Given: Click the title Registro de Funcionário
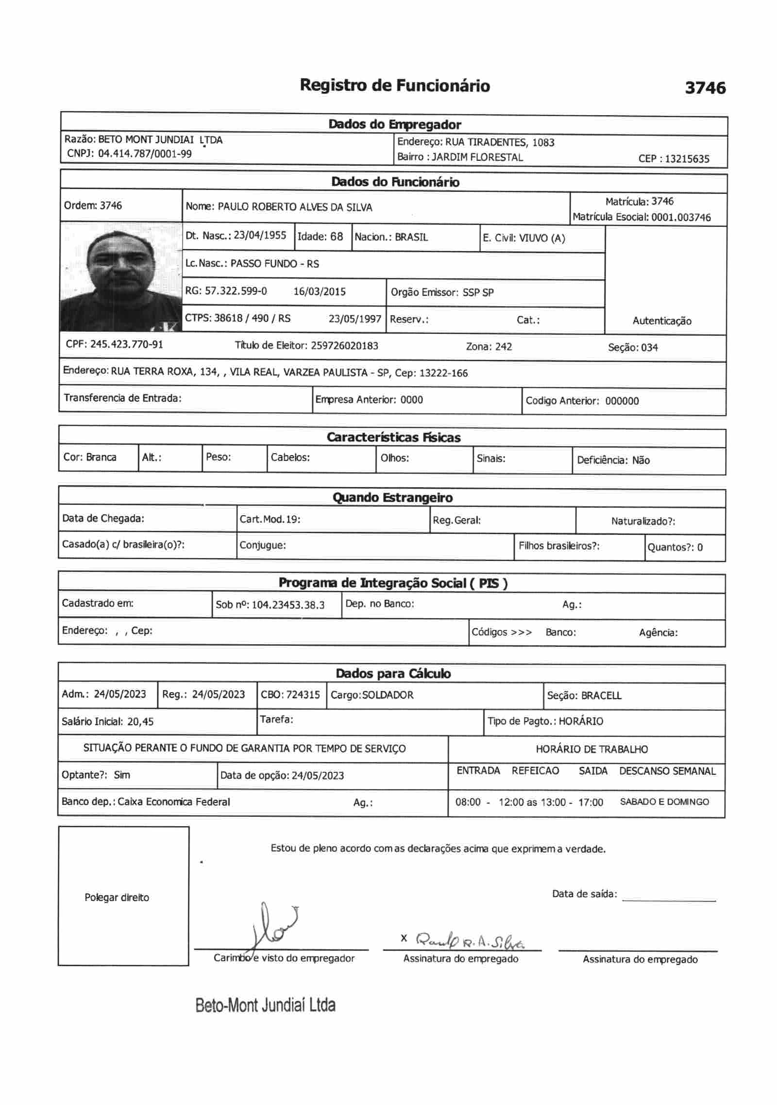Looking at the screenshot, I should pyautogui.click(x=394, y=85).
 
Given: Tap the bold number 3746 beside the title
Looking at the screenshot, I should pyautogui.click(x=705, y=88).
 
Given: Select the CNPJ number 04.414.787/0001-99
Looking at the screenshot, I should pyautogui.click(x=145, y=154).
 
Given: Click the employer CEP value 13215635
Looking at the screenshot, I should pyautogui.click(x=687, y=159).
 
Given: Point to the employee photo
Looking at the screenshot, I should pyautogui.click(x=120, y=277).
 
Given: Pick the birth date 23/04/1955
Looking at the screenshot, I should pyautogui.click(x=260, y=236).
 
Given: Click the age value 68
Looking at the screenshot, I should pyautogui.click(x=337, y=237).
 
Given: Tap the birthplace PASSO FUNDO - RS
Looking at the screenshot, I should pyautogui.click(x=274, y=264).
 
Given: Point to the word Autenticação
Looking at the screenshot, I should pyautogui.click(x=661, y=321).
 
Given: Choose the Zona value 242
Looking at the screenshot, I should pyautogui.click(x=504, y=347).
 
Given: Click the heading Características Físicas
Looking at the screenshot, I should pyautogui.click(x=393, y=438).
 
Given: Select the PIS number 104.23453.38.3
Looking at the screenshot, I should pyautogui.click(x=288, y=605).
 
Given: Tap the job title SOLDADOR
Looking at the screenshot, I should pyautogui.click(x=388, y=695).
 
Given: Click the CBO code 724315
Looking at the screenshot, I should pyautogui.click(x=303, y=695).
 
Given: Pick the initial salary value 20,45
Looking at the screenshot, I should pyautogui.click(x=140, y=722).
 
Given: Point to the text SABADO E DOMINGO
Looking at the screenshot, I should pyautogui.click(x=664, y=802).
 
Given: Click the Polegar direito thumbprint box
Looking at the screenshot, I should pyautogui.click(x=123, y=897).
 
